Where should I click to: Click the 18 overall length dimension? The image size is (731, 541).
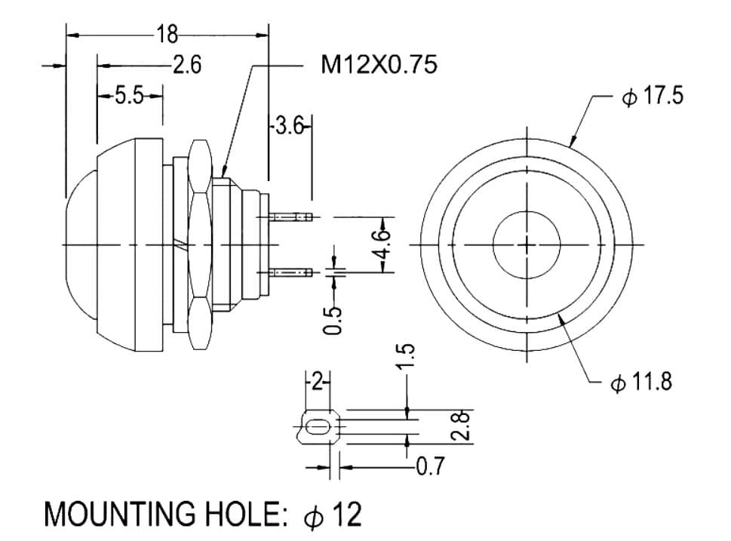[167, 34]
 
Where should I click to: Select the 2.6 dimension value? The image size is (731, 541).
[187, 64]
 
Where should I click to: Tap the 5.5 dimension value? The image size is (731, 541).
[129, 96]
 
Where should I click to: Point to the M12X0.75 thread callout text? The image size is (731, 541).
[379, 64]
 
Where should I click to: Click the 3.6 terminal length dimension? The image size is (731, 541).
[290, 126]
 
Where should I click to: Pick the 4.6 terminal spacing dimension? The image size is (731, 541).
[382, 244]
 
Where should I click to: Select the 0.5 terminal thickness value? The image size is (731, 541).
[333, 321]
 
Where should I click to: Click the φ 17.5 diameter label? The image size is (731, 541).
[653, 96]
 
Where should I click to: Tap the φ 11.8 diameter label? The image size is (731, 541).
[641, 382]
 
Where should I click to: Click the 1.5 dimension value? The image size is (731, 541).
[405, 357]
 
